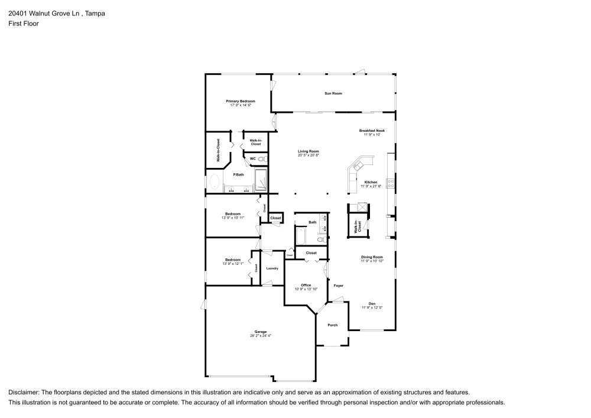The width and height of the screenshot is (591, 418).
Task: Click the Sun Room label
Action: coord(333,93)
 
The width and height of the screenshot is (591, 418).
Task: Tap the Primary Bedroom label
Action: coord(241,101)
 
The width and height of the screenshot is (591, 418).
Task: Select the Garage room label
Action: coord(261,332)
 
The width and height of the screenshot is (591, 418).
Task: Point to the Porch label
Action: coord(332,325)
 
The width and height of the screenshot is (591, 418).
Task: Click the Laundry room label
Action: coord(272,268)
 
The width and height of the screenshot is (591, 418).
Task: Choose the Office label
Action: coord(306,285)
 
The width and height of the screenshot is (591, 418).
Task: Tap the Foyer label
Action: coord(339,286)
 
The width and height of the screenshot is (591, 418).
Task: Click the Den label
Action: coord(372,303)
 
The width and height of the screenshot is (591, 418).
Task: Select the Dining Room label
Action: coord(372,257)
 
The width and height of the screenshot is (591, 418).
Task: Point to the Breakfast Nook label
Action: coord(372,131)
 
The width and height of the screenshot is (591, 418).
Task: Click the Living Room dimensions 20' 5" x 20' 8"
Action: coord(309,155)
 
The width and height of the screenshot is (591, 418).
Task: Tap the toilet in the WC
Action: coord(263,159)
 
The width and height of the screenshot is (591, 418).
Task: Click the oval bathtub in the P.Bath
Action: coord(215,182)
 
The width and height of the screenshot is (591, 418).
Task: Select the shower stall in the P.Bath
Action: coord(261,180)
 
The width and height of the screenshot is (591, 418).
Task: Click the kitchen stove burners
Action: coord(391,184)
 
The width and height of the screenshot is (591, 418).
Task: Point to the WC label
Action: coord(252,158)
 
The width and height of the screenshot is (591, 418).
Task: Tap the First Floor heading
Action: coord(24,24)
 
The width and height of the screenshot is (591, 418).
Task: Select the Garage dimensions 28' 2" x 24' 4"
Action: coord(261,335)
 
